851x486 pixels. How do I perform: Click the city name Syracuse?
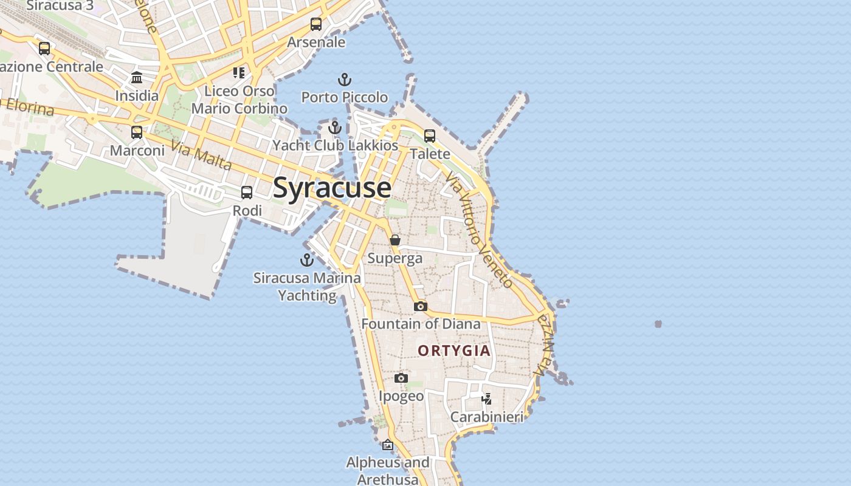pos(332,188)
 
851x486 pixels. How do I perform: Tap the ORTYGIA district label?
pos(454,351)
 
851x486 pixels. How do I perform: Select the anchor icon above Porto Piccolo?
pos(345,80)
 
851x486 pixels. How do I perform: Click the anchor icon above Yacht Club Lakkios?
pos(335,128)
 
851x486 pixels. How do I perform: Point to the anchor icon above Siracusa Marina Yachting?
pos(307,260)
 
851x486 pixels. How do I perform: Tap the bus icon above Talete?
pos(430,136)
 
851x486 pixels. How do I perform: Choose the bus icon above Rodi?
pos(247,193)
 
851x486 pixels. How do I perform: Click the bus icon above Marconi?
pos(137,132)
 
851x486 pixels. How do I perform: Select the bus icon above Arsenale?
pos(316,24)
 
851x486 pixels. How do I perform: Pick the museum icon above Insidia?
pos(137,78)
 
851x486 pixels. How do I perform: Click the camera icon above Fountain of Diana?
pos(421,306)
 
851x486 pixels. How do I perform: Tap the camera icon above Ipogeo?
pos(401,378)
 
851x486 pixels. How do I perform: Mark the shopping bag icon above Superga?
pos(395,240)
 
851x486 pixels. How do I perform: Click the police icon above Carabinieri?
pos(486,399)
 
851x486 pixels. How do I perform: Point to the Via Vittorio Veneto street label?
pos(479,230)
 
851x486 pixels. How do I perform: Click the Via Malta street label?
pos(201,156)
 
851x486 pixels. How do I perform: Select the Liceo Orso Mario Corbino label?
pos(239,100)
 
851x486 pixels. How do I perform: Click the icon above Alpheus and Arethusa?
pos(388,445)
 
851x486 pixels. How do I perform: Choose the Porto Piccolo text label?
pos(345,97)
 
